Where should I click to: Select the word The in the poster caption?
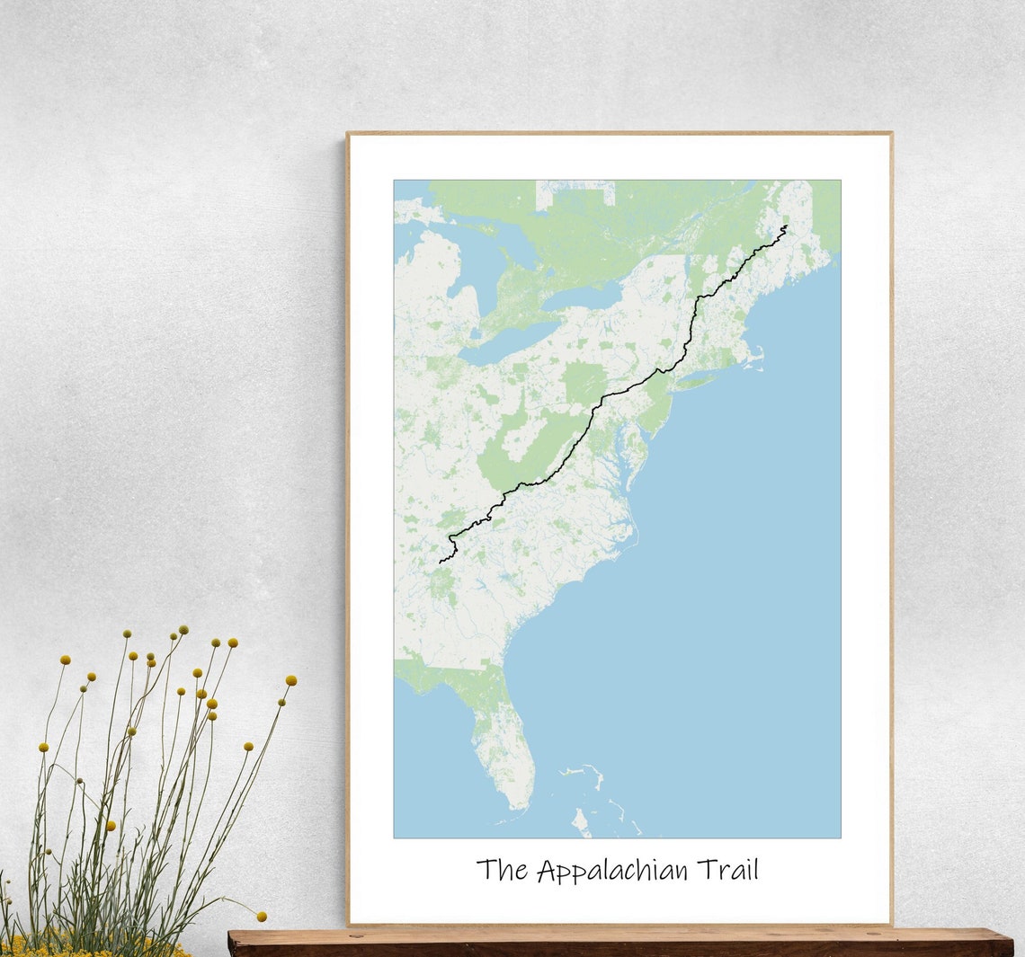(x=504, y=870)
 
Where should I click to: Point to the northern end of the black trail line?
(x=785, y=226)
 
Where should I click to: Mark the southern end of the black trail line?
(x=441, y=563)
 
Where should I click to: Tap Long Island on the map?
(x=698, y=383)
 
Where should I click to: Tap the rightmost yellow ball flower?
(x=290, y=680)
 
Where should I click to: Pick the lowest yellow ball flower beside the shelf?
(x=262, y=917)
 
